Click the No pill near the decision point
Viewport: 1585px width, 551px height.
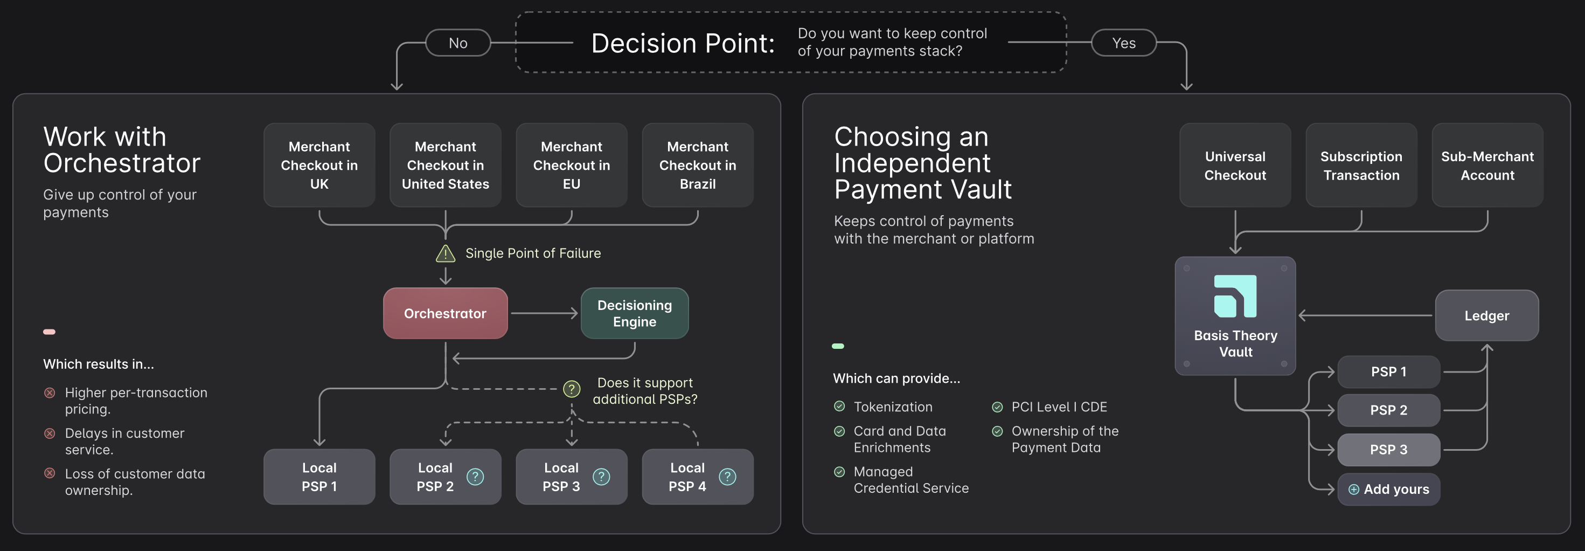(x=458, y=43)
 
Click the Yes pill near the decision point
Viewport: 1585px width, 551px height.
(x=1123, y=43)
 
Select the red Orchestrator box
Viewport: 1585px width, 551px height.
(x=445, y=313)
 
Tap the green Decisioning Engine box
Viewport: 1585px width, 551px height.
(x=634, y=313)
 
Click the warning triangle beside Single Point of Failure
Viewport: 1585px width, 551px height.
(x=445, y=253)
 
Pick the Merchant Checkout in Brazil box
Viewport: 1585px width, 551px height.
(x=697, y=165)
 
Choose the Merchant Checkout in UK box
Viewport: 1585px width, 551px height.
(x=319, y=165)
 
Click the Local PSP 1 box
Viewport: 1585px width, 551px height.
(x=319, y=477)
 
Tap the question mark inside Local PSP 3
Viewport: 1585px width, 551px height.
(x=601, y=477)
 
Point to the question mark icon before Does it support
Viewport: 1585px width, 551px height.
(x=572, y=389)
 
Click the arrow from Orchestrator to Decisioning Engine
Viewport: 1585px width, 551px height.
(x=544, y=313)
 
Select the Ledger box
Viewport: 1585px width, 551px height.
(x=1486, y=316)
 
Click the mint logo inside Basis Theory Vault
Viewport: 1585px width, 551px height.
(x=1234, y=296)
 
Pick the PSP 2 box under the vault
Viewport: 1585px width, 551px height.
(x=1388, y=410)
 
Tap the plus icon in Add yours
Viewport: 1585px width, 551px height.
(x=1354, y=490)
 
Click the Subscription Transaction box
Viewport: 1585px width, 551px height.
(x=1361, y=165)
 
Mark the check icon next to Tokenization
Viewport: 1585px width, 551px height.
(x=839, y=407)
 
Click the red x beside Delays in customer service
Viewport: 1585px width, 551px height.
(x=50, y=433)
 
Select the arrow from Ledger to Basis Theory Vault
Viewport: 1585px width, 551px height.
(x=1366, y=316)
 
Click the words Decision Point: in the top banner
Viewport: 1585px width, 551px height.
(x=683, y=43)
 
